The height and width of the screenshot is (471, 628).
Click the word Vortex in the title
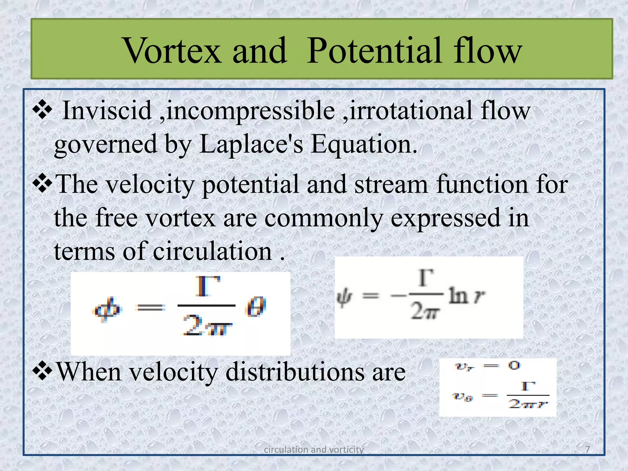[x=172, y=51]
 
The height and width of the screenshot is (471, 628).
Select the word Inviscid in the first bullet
[x=107, y=110]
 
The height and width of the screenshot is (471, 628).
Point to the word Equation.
[x=364, y=144]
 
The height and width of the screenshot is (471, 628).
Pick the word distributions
[x=294, y=372]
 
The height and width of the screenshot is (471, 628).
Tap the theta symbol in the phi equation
[x=255, y=307]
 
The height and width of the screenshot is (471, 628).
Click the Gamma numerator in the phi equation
[x=208, y=286]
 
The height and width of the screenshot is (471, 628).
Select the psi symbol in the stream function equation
[x=344, y=297]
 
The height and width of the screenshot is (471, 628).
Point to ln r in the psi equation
[x=467, y=296]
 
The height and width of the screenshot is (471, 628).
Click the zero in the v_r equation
[x=514, y=365]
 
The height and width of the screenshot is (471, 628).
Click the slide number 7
[x=587, y=449]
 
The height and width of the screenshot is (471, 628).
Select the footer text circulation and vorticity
[x=314, y=450]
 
